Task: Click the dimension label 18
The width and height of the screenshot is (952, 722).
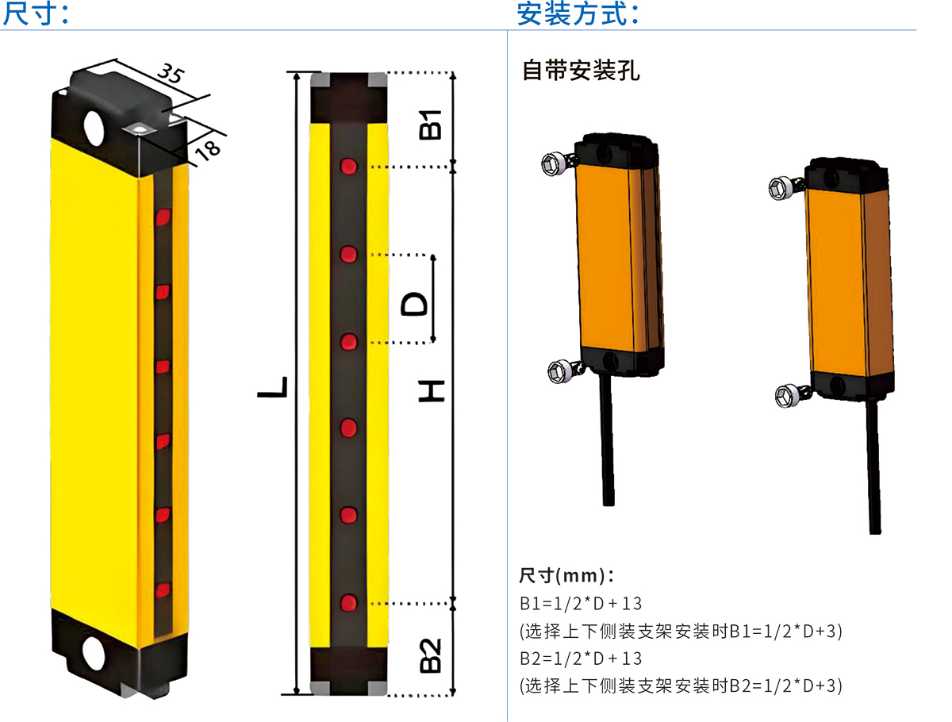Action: point(208,148)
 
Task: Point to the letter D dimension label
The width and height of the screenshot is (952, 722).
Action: point(413,303)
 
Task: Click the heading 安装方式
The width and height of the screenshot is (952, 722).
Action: point(578,13)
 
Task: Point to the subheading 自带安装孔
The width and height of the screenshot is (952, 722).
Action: point(581,71)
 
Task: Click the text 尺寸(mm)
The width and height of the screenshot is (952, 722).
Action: point(566,574)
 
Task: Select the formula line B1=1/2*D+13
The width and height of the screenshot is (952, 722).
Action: point(581,604)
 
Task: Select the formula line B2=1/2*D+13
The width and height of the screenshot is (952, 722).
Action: point(581,659)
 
